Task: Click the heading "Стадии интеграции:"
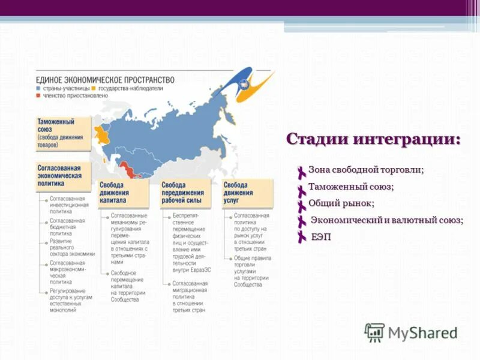coord(373,139)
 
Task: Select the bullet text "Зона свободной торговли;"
coord(366,170)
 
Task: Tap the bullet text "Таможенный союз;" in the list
coord(351,187)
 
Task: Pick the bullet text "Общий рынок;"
coord(341,203)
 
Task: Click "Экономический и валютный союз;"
coord(386,220)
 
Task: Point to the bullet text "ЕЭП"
coord(321,236)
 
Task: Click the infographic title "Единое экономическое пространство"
coord(105,80)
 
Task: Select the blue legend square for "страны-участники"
coord(38,89)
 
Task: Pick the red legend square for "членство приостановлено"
coord(38,95)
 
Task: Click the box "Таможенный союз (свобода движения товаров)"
coord(63,133)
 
